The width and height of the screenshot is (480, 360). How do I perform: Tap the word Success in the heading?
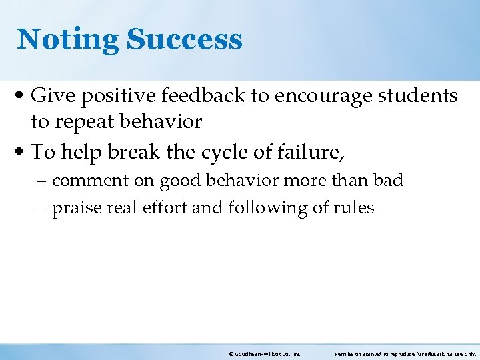pos(184,39)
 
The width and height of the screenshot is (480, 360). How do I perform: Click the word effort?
pos(164,208)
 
